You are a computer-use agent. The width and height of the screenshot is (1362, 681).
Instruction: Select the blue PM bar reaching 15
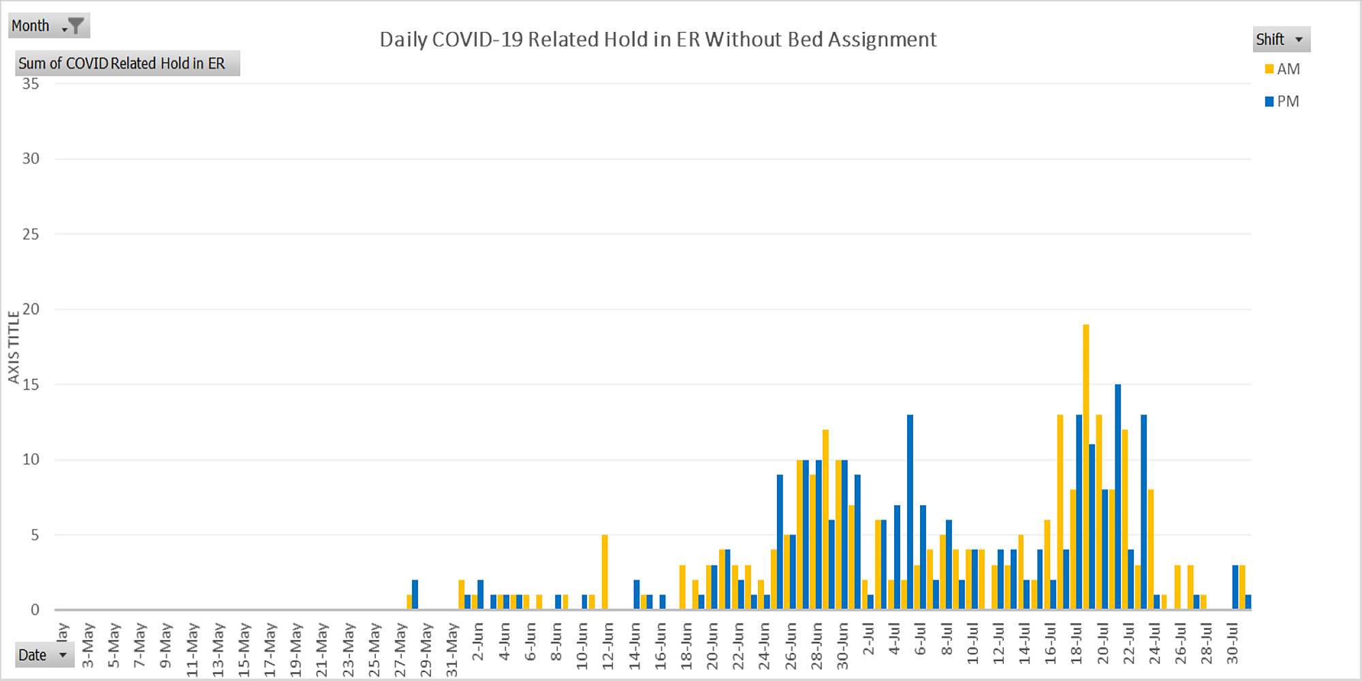coord(1118,497)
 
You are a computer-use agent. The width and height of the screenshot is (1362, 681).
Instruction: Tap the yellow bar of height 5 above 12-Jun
coord(605,572)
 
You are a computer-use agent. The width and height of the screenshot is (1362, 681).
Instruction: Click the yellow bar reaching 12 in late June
coord(825,519)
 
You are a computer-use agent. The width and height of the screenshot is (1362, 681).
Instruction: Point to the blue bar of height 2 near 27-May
coord(415,595)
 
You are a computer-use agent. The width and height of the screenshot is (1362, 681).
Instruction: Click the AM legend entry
coord(1282,69)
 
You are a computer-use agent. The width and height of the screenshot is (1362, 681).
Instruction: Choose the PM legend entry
coord(1282,101)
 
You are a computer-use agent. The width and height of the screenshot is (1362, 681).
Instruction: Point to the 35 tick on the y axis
coord(31,84)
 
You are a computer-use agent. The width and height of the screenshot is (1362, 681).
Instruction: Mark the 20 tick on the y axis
coord(31,309)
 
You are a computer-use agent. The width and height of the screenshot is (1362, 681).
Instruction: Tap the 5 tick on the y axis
coord(35,535)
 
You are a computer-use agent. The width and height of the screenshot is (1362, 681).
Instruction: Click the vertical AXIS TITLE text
coord(13,347)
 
